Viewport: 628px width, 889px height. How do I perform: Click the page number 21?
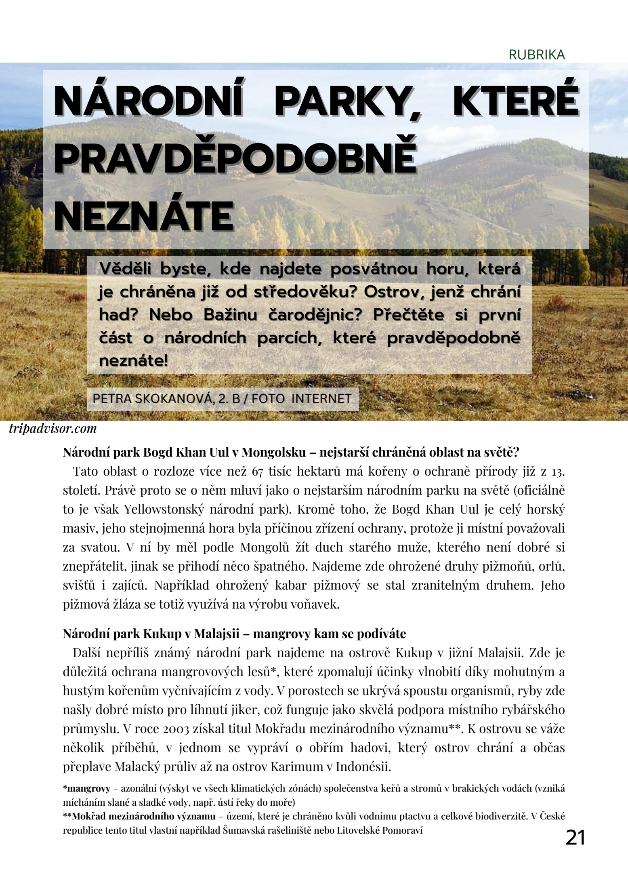[x=575, y=837]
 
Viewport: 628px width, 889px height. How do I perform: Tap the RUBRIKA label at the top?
[x=537, y=55]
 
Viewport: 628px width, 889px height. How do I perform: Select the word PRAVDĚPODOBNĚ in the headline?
[x=235, y=158]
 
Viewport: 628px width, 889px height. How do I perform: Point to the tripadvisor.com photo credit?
[x=53, y=428]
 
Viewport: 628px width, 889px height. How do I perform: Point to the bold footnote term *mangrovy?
[x=86, y=788]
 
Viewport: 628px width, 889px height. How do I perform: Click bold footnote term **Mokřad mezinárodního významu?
[x=139, y=817]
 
